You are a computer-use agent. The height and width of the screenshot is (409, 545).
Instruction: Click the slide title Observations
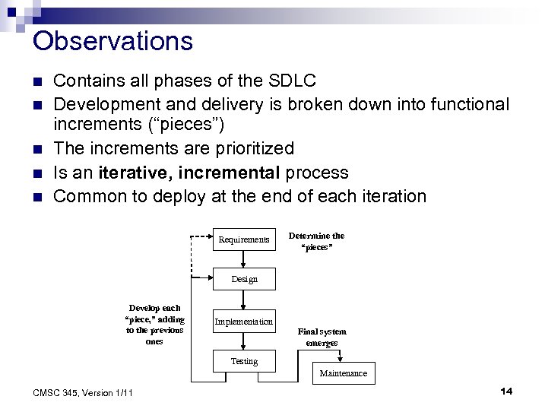tap(113, 41)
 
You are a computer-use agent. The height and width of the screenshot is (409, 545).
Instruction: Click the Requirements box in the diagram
tap(243, 239)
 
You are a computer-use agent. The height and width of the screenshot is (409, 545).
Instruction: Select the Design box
tap(243, 279)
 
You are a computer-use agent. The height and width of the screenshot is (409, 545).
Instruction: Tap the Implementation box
tap(243, 322)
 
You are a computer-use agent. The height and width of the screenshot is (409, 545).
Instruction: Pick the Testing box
tap(243, 361)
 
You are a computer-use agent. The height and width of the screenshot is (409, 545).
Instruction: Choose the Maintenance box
tap(344, 373)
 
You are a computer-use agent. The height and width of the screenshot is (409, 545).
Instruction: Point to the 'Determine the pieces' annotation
tap(316, 241)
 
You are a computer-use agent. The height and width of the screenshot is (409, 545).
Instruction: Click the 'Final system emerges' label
tap(322, 337)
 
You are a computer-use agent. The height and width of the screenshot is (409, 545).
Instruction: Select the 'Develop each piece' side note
tap(155, 325)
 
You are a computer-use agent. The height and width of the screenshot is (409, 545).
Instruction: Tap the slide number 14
tap(506, 391)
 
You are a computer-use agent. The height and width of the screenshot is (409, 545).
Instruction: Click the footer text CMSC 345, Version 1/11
tap(84, 392)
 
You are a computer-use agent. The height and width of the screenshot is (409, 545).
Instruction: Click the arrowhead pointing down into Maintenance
tap(344, 360)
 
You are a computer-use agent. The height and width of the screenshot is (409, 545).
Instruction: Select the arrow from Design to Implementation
tap(243, 300)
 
